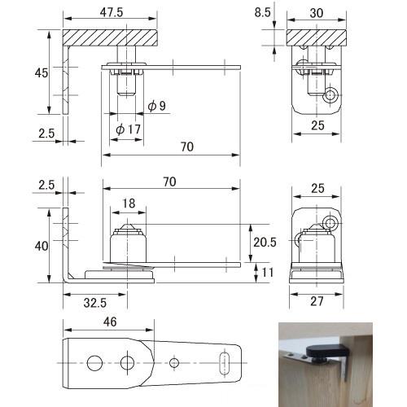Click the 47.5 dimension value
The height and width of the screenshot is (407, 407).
pos(111,12)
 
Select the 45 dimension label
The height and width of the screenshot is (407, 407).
pos(42,72)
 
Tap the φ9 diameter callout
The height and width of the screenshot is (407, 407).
pos(156,106)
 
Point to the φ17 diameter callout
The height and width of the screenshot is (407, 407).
pos(128,129)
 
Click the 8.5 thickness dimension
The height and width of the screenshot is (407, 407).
pos(262,12)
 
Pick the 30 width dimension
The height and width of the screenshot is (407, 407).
pos(317,13)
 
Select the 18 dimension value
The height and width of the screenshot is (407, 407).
pos(129,203)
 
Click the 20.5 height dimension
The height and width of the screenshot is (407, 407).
pos(265,242)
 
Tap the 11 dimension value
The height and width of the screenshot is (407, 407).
pos(267,273)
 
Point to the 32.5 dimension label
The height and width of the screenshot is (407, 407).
pos(95,303)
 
